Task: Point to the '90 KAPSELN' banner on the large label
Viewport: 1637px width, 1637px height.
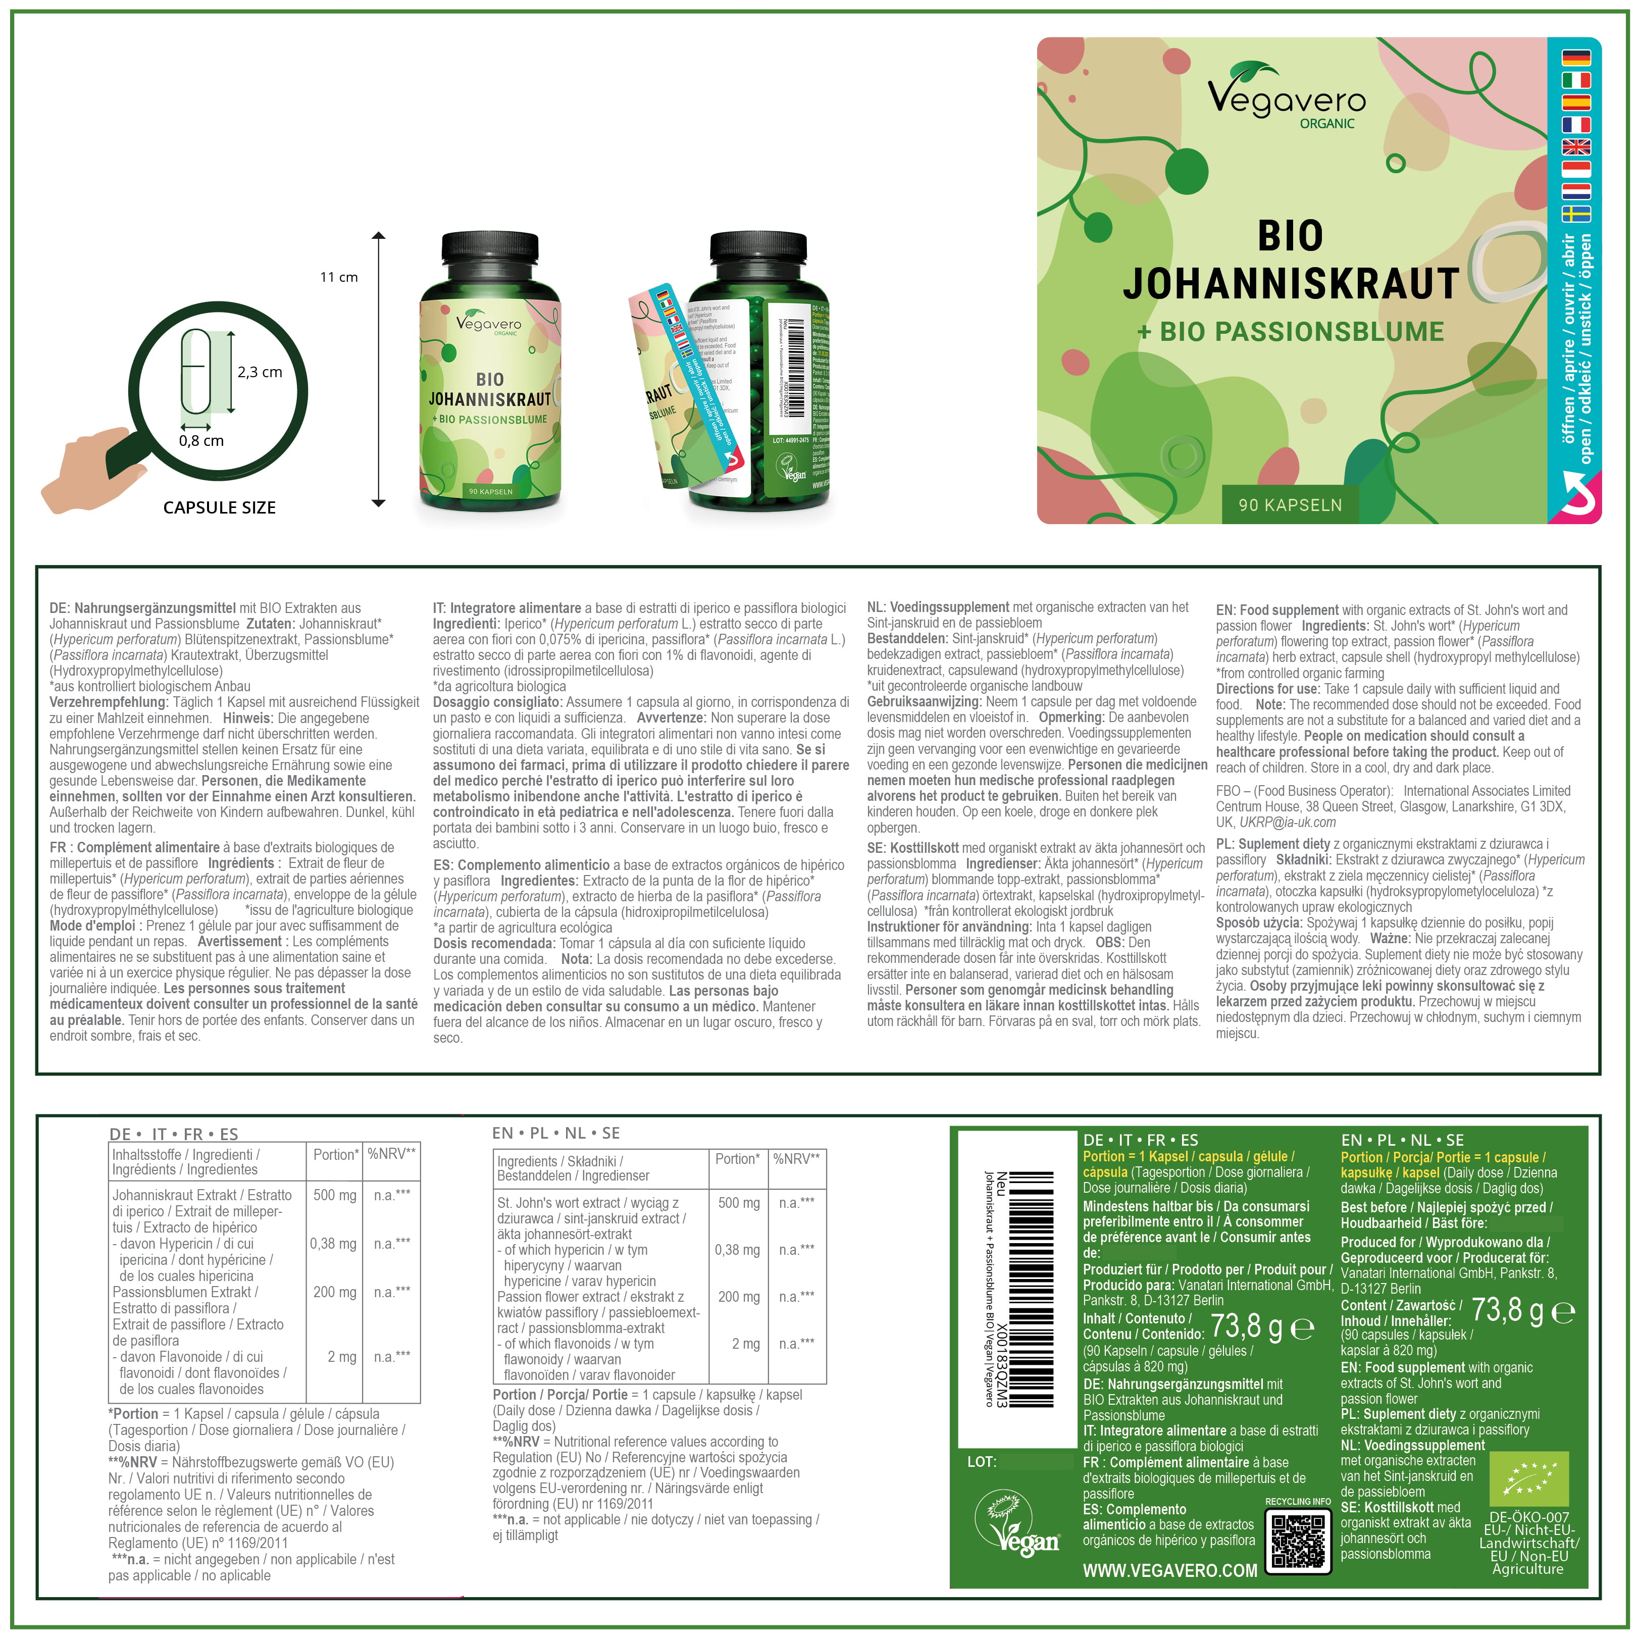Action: [x=1290, y=505]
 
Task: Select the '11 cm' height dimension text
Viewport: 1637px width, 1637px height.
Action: [x=339, y=277]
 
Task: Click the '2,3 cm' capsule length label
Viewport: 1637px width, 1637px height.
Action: [x=259, y=372]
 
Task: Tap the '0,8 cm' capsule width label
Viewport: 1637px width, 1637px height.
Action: [x=201, y=441]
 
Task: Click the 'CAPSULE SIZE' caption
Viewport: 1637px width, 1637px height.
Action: [x=220, y=507]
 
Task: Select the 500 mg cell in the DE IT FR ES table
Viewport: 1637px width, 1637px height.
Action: [x=335, y=1195]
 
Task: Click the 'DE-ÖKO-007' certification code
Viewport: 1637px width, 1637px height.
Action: [x=1528, y=1517]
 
